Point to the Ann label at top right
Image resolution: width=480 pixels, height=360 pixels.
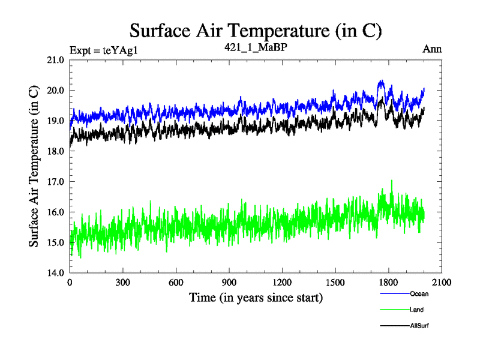coord(432,49)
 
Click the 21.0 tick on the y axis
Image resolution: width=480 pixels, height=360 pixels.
coord(55,60)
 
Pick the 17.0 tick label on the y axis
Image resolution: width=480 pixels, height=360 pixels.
coord(55,181)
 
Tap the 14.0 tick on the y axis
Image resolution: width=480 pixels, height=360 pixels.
coord(55,273)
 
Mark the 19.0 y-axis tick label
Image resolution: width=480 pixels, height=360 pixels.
coord(55,121)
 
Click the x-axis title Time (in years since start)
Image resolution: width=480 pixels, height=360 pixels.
coord(256,297)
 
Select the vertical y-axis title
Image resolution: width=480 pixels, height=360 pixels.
coord(34,166)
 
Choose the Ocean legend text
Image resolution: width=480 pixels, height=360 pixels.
coord(419,294)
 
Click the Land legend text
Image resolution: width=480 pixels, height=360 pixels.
coord(417,310)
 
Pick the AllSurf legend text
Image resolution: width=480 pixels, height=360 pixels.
coord(419,326)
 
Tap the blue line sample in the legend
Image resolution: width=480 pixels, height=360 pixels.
coord(394,294)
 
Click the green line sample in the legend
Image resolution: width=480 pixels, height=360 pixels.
coord(394,310)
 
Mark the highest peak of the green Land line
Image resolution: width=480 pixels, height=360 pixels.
coord(392,180)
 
